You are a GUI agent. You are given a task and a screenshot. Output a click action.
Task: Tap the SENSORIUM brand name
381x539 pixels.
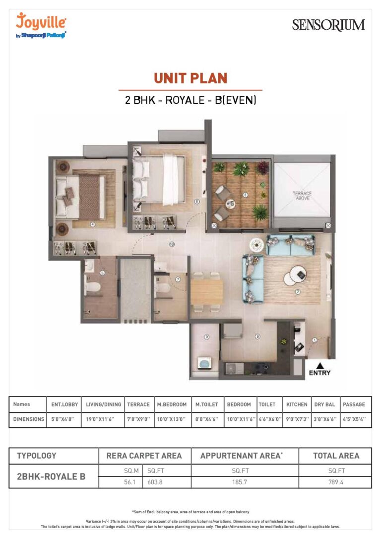point(328,25)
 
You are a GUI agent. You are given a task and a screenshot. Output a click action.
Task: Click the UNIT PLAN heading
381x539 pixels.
point(190,78)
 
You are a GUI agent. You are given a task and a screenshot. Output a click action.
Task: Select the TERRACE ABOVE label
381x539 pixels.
point(302,195)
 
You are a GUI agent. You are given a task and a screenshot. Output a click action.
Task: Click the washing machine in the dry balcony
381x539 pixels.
point(204,364)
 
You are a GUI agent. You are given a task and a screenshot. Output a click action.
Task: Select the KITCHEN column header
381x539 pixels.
point(297,404)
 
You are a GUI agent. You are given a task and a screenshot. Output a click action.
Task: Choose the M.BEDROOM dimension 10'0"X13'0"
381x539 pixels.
point(171,419)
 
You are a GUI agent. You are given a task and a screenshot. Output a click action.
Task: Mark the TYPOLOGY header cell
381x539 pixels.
point(37,456)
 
